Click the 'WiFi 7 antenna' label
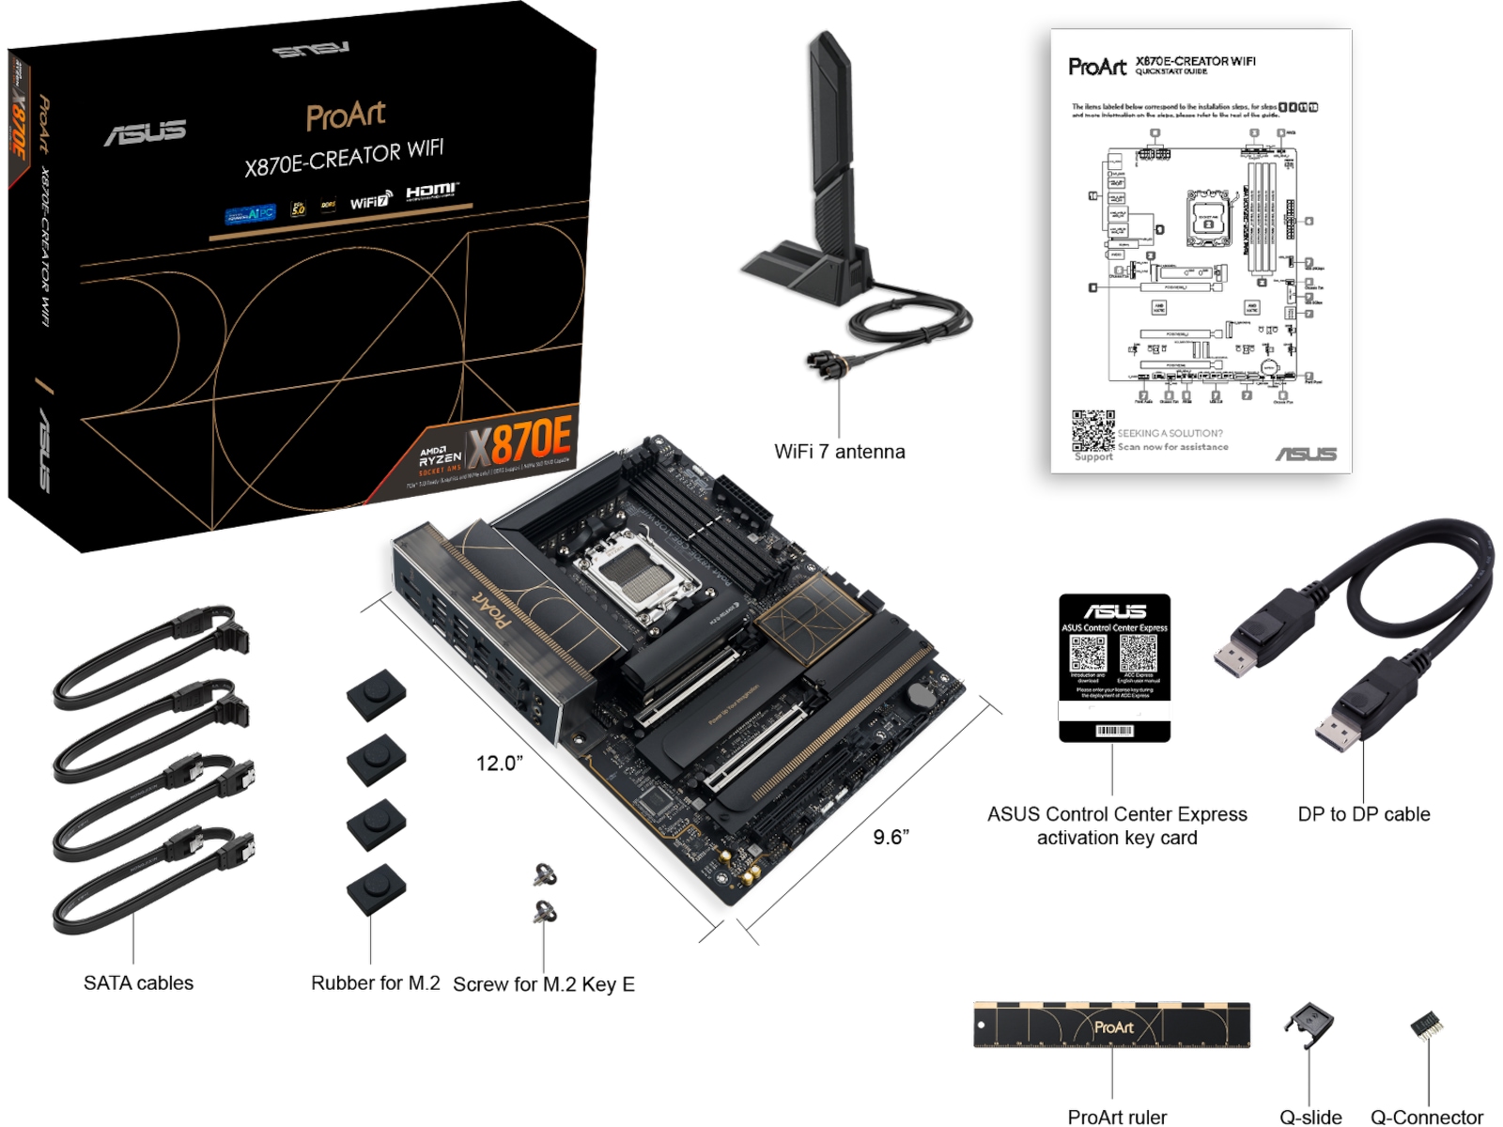click(x=839, y=452)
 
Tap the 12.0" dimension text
click(x=499, y=764)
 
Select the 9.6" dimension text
click(x=891, y=837)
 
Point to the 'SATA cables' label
click(x=138, y=983)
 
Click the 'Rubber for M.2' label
click(x=375, y=983)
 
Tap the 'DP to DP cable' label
click(x=1363, y=814)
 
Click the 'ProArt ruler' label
click(x=1117, y=1117)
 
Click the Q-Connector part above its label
click(x=1426, y=1026)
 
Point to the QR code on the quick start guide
click(x=1092, y=431)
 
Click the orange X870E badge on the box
click(x=519, y=441)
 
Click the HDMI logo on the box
click(x=431, y=192)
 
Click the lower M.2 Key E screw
click(x=545, y=911)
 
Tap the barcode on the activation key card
click(x=1114, y=731)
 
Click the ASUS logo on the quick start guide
click(x=1305, y=455)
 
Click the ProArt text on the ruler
click(x=1113, y=1027)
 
